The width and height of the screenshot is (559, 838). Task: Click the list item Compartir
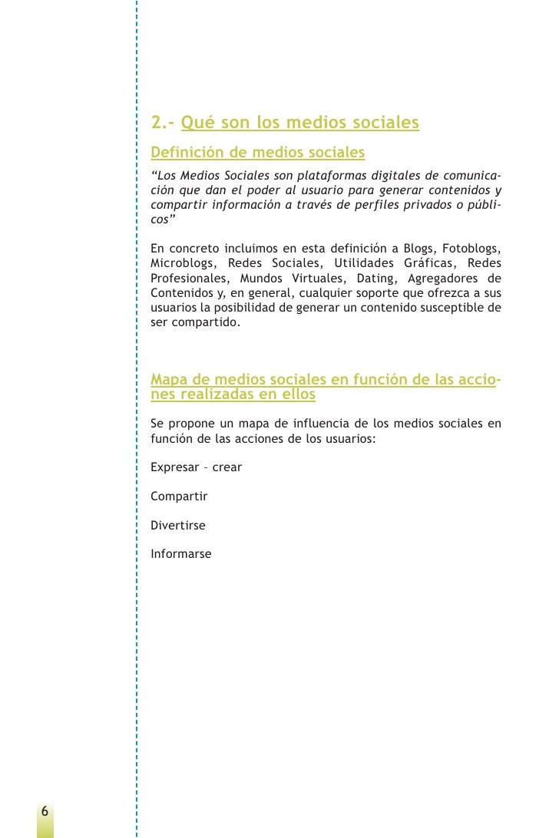(x=179, y=497)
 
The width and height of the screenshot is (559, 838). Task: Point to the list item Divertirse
(x=178, y=526)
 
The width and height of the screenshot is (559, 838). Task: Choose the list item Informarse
(x=180, y=554)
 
